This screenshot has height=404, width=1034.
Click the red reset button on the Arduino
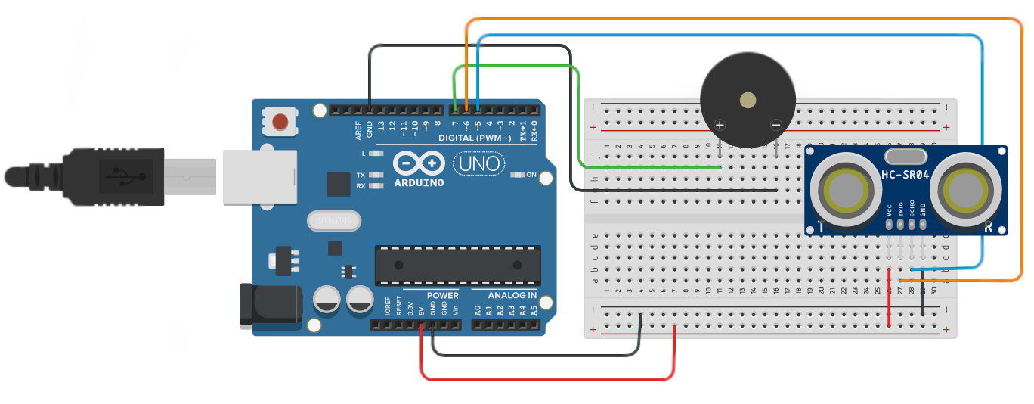click(x=281, y=121)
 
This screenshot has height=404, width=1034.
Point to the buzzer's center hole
click(x=748, y=100)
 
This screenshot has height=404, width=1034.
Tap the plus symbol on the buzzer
click(x=720, y=125)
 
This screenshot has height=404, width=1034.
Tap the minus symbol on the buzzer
click(x=775, y=125)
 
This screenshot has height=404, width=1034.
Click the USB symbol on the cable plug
click(x=121, y=176)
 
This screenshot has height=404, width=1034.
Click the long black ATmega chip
click(x=457, y=266)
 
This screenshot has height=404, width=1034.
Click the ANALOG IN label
click(x=512, y=295)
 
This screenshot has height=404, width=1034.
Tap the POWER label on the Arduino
click(x=442, y=295)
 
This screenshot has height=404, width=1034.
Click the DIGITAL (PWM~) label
click(x=475, y=138)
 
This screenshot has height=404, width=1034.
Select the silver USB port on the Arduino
click(x=258, y=176)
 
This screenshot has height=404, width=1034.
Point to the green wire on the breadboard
click(x=650, y=166)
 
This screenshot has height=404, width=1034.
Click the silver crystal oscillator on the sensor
click(x=905, y=157)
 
